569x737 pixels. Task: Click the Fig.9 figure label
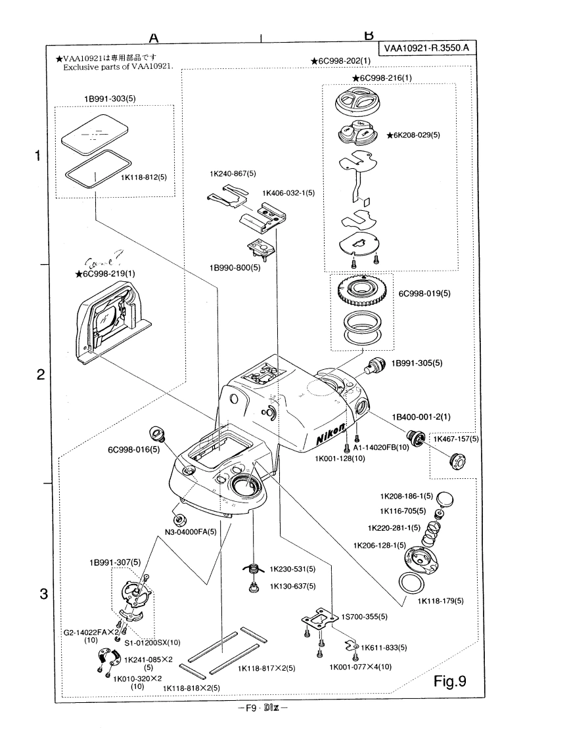tap(450, 681)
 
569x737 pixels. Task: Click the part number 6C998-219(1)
tap(109, 273)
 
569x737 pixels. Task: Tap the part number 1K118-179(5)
tap(440, 600)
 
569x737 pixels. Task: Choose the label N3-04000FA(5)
tap(190, 531)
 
